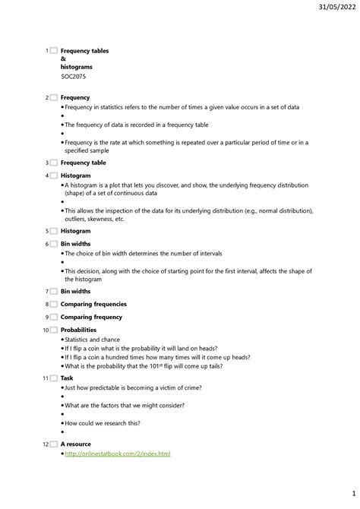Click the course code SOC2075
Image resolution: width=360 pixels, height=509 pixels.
pyautogui.click(x=73, y=76)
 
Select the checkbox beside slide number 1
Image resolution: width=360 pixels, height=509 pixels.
pyautogui.click(x=53, y=51)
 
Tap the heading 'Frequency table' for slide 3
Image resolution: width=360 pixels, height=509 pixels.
pyautogui.click(x=83, y=163)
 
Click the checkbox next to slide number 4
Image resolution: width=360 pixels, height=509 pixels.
pyautogui.click(x=53, y=175)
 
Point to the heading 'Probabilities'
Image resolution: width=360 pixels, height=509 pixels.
pyautogui.click(x=78, y=330)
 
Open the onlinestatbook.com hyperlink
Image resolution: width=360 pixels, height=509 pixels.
pyautogui.click(x=117, y=454)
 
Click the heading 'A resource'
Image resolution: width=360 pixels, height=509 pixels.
pyautogui.click(x=75, y=444)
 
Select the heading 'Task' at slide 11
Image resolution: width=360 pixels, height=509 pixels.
pyautogui.click(x=67, y=378)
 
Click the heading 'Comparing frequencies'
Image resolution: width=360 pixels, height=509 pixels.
pyautogui.click(x=93, y=304)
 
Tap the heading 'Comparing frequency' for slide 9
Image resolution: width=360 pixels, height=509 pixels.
pyautogui.click(x=91, y=317)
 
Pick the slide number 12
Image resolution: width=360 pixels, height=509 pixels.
pyautogui.click(x=45, y=444)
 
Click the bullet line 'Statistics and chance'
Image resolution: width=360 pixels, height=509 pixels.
pyautogui.click(x=92, y=340)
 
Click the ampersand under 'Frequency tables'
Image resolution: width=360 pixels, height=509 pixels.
pyautogui.click(x=63, y=59)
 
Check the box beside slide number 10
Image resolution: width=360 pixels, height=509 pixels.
pyautogui.click(x=53, y=330)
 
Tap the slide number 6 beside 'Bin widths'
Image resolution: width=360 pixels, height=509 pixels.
pyautogui.click(x=46, y=244)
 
